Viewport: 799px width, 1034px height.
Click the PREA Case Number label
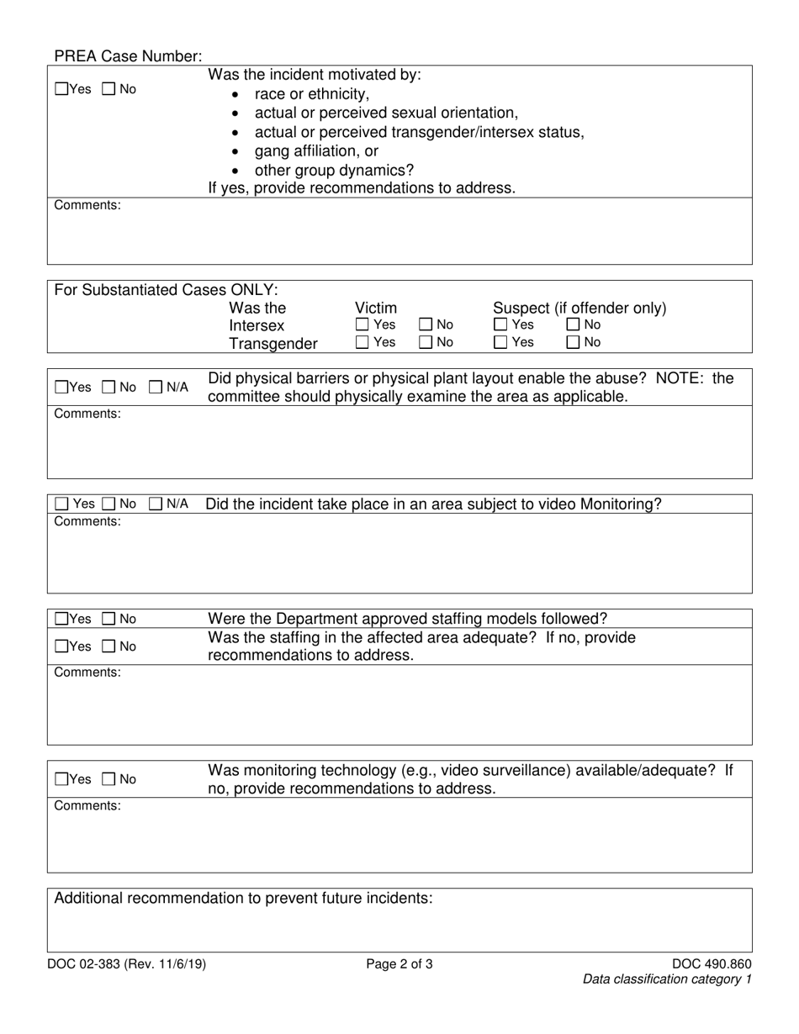coord(128,56)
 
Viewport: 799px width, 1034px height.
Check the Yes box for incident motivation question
coord(61,89)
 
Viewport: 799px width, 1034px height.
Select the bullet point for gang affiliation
coord(235,152)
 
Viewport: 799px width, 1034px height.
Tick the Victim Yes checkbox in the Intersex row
coord(362,324)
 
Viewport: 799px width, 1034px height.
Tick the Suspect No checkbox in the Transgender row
coord(574,342)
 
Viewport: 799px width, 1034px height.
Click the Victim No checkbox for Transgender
coord(426,342)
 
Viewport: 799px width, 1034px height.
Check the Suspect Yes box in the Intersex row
coord(500,324)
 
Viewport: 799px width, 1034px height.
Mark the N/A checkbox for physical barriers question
coord(156,388)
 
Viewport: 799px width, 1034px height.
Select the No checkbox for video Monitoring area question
coord(109,504)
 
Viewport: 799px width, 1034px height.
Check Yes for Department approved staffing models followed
coord(61,620)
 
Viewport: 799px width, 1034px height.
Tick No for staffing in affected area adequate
coord(109,646)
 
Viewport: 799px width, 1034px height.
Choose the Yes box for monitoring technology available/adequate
coord(61,779)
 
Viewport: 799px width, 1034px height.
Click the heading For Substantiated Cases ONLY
coord(166,290)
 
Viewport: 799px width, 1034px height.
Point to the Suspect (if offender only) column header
coord(579,308)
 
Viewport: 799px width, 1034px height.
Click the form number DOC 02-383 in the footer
coord(126,964)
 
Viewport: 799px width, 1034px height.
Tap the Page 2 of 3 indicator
coord(399,964)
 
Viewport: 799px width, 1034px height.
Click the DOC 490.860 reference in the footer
coord(712,964)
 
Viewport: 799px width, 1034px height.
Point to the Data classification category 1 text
coord(667,979)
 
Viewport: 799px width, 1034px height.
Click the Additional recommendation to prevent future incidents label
coord(243,898)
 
